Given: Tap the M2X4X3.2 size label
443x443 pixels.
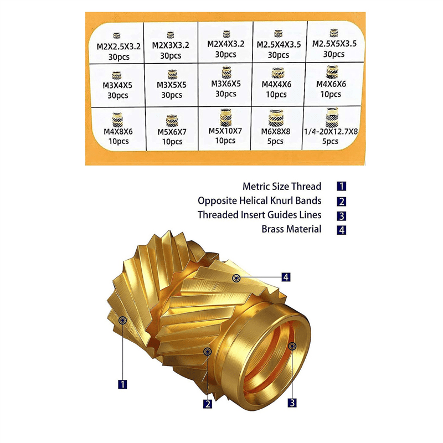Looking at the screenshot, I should [226, 44].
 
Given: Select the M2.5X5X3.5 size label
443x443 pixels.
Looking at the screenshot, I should [334, 44].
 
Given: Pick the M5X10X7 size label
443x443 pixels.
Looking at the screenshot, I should [226, 131].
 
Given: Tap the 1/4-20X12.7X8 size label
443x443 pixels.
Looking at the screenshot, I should [331, 131].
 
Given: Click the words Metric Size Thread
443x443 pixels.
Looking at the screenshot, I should [282, 187].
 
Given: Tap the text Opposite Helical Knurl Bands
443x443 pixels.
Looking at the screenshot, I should [260, 200].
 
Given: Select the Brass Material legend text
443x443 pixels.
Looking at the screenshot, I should [291, 229].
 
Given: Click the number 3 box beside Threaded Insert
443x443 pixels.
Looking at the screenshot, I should [342, 215].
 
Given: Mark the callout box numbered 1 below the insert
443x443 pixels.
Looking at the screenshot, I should [122, 383].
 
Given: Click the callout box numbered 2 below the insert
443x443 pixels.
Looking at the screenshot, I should [208, 404].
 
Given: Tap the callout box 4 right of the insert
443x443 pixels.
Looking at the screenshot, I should [286, 277].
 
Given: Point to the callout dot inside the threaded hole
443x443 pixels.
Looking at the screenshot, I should [292, 346].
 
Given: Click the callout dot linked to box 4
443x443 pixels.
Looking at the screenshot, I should [237, 277].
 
